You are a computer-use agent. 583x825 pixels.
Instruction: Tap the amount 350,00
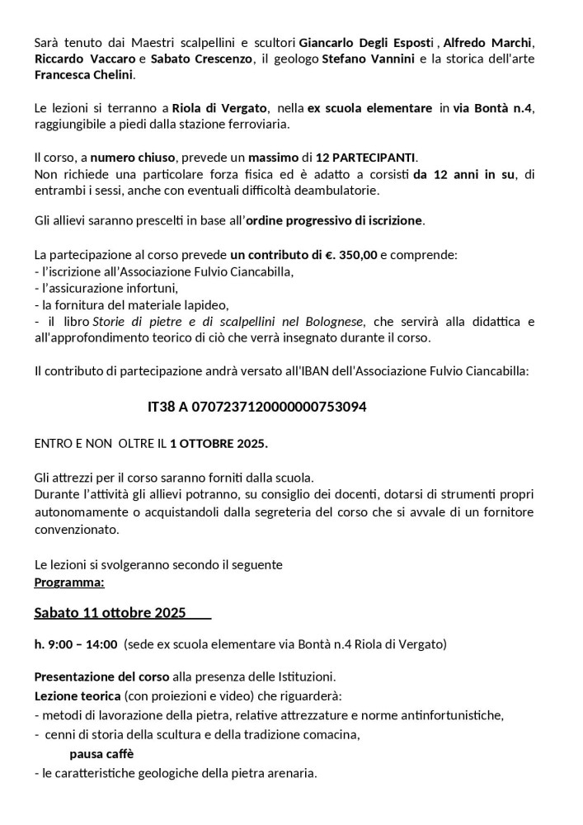click(350, 255)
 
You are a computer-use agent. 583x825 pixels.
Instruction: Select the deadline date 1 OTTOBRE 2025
click(219, 443)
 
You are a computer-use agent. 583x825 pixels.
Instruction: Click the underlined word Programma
click(69, 582)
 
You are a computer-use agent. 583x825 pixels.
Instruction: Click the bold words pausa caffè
click(101, 754)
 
